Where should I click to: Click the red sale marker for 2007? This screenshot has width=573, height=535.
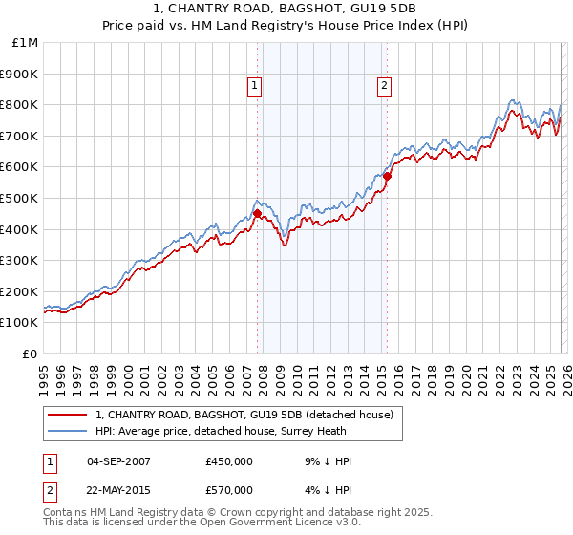click(258, 213)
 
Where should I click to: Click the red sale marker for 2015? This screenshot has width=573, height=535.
click(388, 176)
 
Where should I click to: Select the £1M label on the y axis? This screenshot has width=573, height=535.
click(26, 42)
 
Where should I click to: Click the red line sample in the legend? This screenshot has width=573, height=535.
click(67, 415)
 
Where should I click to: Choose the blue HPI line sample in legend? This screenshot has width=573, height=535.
click(67, 432)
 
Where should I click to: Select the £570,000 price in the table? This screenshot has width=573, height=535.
click(229, 490)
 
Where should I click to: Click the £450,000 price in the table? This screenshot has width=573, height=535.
click(229, 461)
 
